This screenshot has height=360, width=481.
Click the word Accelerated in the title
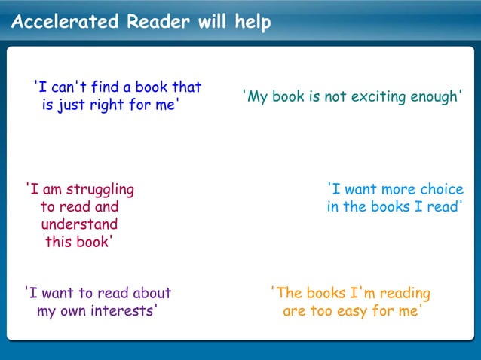tap(65, 22)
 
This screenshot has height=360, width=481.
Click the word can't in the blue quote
tap(68, 87)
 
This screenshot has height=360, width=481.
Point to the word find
tap(106, 87)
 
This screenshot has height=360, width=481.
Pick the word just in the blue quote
tap(72, 105)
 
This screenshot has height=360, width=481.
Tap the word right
tap(108, 105)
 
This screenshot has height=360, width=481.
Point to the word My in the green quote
tap(256, 98)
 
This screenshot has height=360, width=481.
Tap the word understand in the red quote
tap(79, 224)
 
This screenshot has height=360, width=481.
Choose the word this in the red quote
tap(60, 242)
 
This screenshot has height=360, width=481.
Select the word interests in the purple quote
tap(124, 311)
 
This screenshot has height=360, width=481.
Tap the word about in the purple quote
tap(151, 293)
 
